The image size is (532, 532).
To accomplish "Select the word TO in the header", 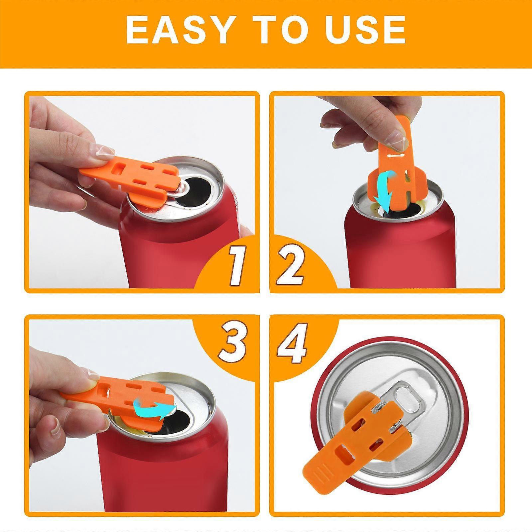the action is tap(279, 30).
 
